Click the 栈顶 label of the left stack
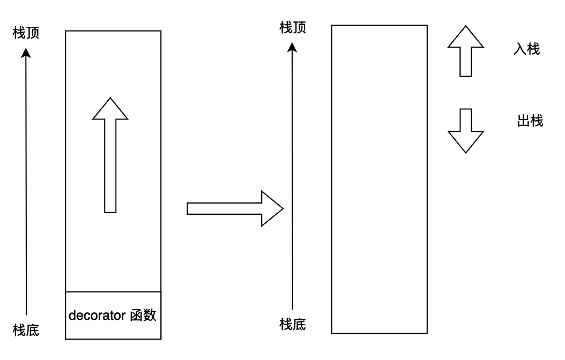26,34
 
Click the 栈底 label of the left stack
26,329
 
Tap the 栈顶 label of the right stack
293,28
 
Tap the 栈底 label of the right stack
293,324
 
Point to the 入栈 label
526,50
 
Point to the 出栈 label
530,122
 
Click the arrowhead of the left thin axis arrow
26,52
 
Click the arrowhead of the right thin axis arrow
293,47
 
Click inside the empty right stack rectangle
380,179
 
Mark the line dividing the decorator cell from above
113,292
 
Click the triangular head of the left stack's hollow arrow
110,110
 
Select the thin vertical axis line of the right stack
293,187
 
